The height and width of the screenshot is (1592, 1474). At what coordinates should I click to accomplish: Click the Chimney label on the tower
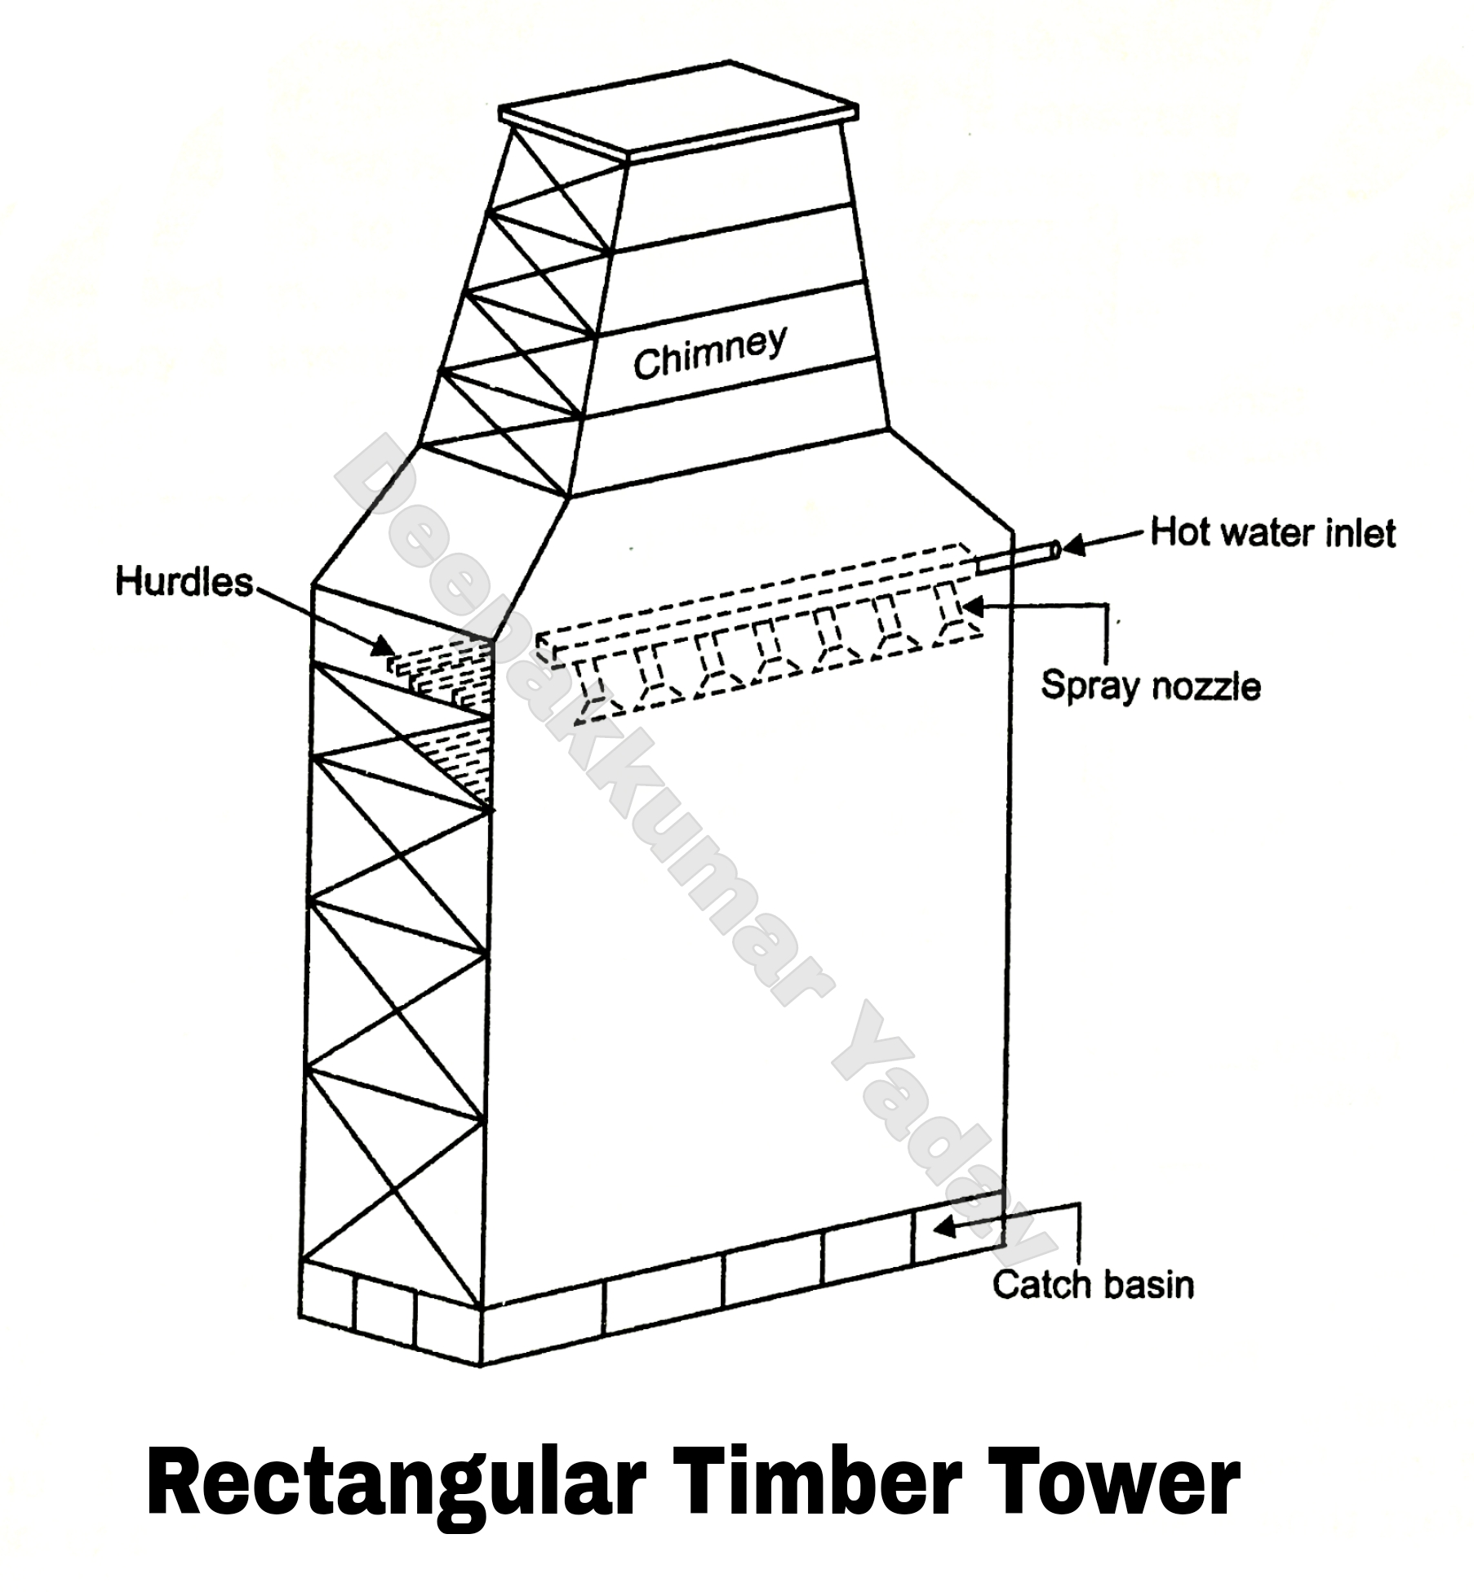710,354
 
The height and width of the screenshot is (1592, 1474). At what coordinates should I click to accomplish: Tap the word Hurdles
184,582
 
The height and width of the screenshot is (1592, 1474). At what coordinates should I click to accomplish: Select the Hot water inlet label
1272,533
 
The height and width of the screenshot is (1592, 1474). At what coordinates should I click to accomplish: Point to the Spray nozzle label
1150,685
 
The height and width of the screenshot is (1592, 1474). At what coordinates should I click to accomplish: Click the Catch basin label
1093,1284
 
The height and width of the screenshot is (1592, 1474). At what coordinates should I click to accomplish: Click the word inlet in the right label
1360,533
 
